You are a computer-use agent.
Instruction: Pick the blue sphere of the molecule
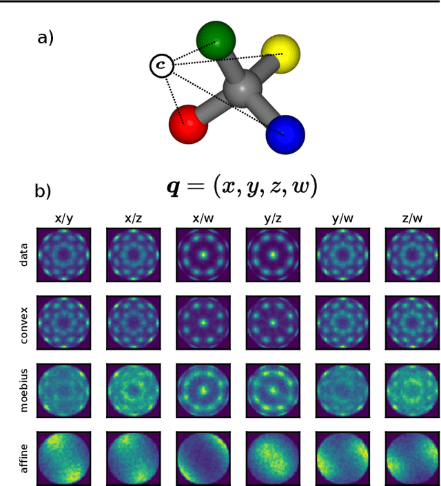coord(285,134)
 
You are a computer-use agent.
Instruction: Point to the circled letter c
coord(162,66)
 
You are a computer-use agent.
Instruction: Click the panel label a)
coord(45,38)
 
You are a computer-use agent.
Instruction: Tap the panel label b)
coord(43,191)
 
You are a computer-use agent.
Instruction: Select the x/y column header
coord(63,219)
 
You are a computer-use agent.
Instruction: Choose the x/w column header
coord(203,219)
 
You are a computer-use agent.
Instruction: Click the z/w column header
coord(412,219)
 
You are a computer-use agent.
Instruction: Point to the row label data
coord(24,255)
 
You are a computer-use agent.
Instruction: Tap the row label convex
coord(24,323)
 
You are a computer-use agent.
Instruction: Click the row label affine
coord(24,458)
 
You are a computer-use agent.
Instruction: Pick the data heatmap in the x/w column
coord(203,255)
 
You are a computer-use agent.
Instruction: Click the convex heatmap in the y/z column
coord(273,323)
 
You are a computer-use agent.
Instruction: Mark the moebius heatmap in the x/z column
coord(133,390)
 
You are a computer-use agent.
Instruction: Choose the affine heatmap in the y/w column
coord(342,458)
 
